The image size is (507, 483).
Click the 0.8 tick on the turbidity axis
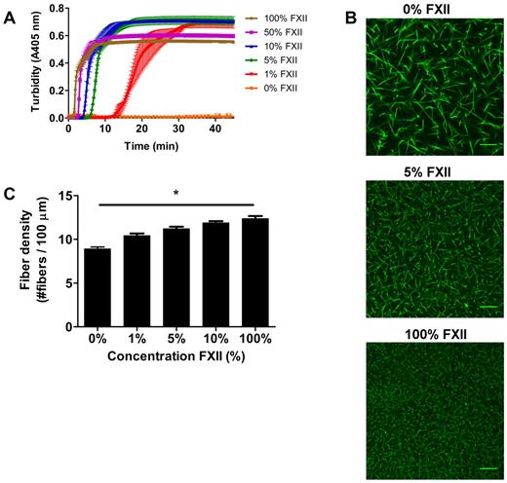[x=50, y=10]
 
